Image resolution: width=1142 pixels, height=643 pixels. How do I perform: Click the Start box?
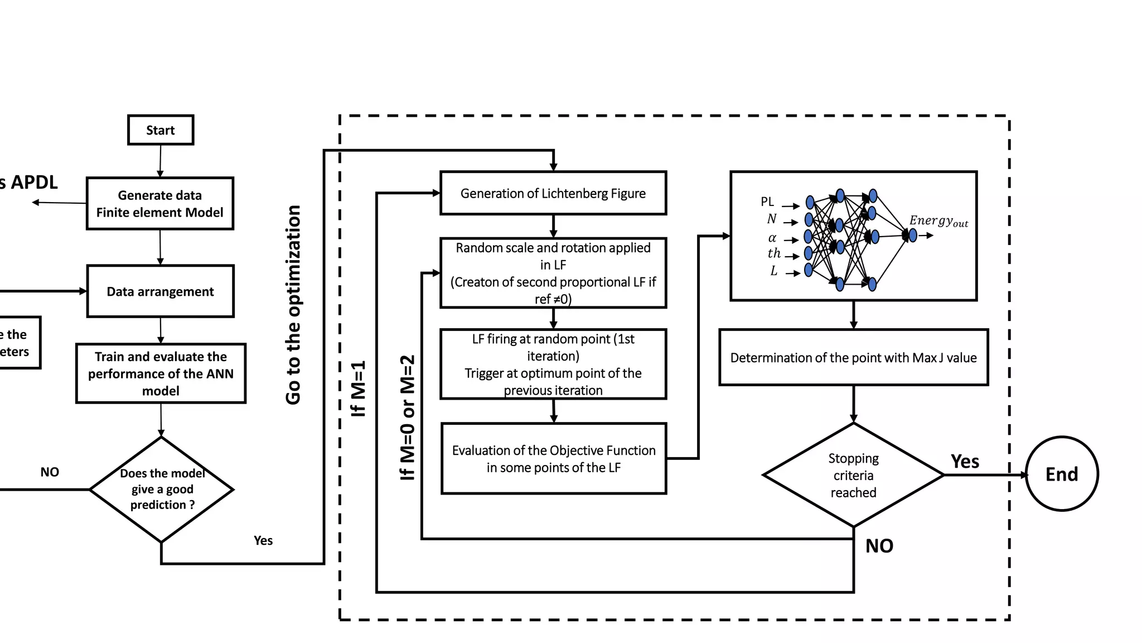[x=161, y=130]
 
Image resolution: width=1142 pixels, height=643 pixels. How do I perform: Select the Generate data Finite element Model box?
[x=160, y=204]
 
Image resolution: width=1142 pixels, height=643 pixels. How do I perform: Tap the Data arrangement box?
[x=161, y=291]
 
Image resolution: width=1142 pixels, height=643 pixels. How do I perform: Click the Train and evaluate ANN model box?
[x=161, y=373]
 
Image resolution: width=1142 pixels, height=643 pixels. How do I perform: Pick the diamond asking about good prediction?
[x=162, y=489]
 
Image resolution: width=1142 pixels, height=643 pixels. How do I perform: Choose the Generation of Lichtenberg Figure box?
[x=553, y=193]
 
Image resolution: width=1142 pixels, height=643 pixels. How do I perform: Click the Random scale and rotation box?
[x=553, y=273]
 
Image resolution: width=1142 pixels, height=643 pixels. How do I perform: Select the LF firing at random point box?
[x=553, y=364]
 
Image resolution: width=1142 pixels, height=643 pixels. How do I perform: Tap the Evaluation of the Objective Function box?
[x=553, y=458]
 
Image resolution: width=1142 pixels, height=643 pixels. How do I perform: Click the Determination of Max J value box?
[x=853, y=357]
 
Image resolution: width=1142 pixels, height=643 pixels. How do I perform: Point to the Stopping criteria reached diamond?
[x=853, y=475]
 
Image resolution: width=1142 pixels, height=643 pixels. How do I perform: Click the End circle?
[x=1061, y=474]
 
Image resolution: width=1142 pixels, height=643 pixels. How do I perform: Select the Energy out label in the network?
[x=938, y=221]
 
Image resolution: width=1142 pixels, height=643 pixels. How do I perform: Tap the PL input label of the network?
[x=767, y=201]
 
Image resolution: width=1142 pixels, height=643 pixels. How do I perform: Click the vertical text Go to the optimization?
[x=293, y=304]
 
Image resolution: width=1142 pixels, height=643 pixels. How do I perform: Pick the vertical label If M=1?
[x=358, y=388]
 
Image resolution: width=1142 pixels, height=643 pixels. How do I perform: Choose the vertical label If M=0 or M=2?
[x=408, y=418]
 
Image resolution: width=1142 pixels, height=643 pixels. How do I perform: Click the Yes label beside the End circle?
[x=965, y=462]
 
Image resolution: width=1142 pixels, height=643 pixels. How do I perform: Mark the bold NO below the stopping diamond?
[x=879, y=546]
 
